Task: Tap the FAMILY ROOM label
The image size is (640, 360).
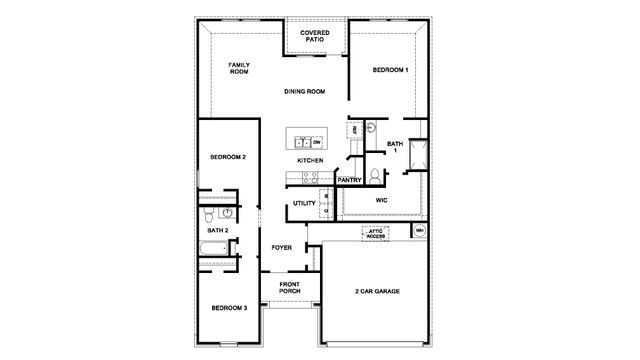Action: [x=239, y=68]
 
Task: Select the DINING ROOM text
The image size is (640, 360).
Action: [x=306, y=92]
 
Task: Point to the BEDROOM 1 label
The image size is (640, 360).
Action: [x=390, y=70]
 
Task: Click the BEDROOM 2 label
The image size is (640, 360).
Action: [x=228, y=158]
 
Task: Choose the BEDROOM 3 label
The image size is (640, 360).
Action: [x=228, y=307]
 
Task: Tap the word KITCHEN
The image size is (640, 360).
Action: [x=310, y=161]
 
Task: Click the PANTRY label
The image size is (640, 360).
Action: [x=349, y=180]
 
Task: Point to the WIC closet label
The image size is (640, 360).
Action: [x=381, y=201]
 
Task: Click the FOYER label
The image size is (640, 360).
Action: [x=282, y=246]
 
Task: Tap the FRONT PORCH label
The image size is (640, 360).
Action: [x=289, y=288]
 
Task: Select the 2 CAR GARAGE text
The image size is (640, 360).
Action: [x=377, y=291]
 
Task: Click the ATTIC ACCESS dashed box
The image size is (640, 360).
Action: [x=375, y=233]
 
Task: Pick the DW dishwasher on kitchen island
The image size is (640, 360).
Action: [x=316, y=142]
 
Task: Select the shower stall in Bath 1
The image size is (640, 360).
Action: [x=417, y=152]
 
